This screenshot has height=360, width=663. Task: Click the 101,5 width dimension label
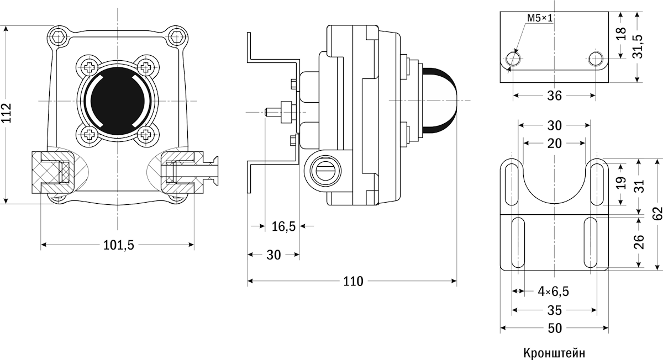tap(118, 245)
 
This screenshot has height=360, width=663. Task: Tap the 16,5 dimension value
tap(283, 226)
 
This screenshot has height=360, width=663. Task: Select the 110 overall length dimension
tap(353, 282)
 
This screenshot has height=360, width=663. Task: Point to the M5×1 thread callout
tap(539, 19)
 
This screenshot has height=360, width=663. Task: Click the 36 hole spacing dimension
tap(554, 96)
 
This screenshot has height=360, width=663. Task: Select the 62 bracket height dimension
tap(656, 213)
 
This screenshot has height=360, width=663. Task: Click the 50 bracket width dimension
tap(555, 329)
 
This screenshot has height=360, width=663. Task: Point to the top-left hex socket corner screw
tap(59, 38)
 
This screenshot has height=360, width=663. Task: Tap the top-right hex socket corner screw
tap(177, 38)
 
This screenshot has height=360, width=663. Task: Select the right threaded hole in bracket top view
tap(596, 59)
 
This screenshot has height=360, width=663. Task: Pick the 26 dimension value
tap(639, 242)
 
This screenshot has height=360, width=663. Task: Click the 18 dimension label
tap(620, 34)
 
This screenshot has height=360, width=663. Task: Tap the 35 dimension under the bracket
tap(554, 310)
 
